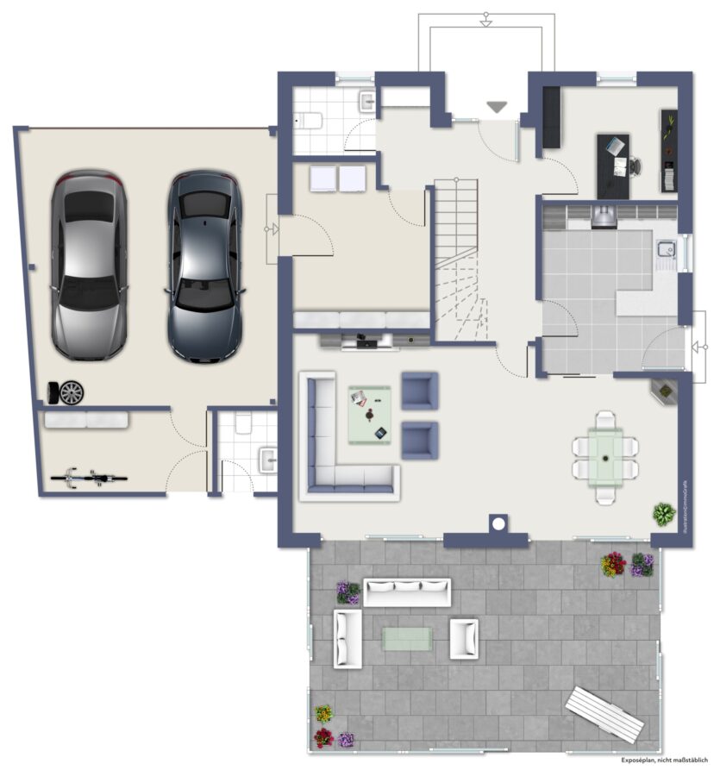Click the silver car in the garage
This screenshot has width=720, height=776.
pos(88,265)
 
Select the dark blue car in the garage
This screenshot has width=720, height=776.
pos(203,265)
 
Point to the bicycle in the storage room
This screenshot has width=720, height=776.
pos(90,475)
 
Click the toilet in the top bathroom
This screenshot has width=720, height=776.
pos(308,120)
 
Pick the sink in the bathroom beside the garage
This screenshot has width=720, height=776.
pos(267,456)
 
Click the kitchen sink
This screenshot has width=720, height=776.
pos(665,250)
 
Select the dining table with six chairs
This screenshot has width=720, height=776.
pos(606,447)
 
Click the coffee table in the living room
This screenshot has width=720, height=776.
pos(370,415)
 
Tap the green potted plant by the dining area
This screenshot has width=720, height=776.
pos(662,515)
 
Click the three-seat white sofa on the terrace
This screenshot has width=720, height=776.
pos(407,592)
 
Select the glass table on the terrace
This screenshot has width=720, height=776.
pos(407,637)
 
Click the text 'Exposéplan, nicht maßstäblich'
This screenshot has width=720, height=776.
pos(664,760)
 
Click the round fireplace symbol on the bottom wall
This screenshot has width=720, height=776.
pos(498,523)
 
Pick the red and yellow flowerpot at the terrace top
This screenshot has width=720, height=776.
pos(613,564)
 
